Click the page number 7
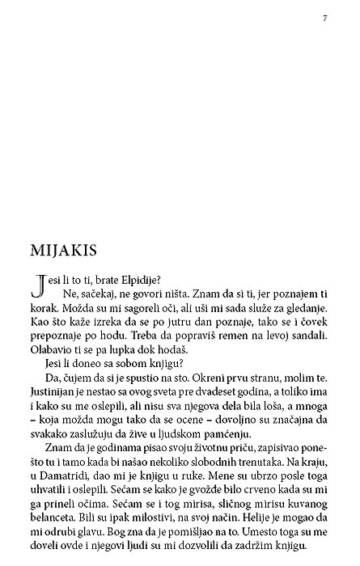(324, 18)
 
